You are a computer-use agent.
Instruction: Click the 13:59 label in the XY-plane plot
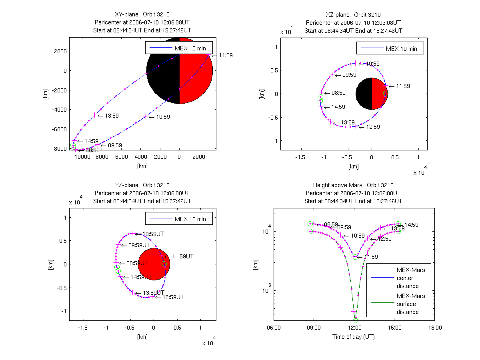[x=112, y=116]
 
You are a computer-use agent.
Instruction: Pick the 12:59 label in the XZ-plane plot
[x=370, y=127]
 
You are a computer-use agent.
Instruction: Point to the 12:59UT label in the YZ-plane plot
[x=172, y=297]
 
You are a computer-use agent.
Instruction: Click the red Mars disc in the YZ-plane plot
[x=154, y=264]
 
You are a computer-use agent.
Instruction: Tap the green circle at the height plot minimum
[x=355, y=320]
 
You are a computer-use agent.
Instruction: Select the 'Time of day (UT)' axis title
[x=353, y=337]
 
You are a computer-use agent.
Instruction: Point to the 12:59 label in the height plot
[x=384, y=239]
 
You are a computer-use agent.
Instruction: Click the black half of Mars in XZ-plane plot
[x=364, y=94]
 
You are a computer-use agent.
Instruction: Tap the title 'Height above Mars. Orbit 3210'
[x=353, y=185]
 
